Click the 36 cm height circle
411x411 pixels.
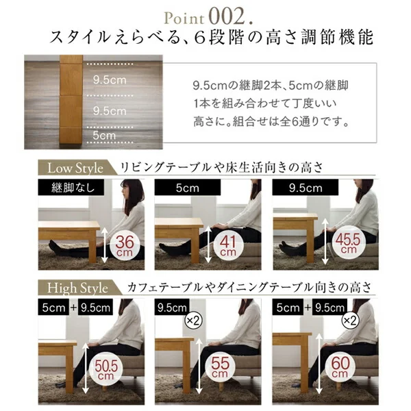[x=125, y=246]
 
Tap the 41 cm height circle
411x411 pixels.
[x=228, y=246]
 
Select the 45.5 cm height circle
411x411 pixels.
[x=348, y=242]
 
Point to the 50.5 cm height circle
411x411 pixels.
[x=106, y=366]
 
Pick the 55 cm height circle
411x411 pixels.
[x=220, y=366]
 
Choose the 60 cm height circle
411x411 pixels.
[x=340, y=366]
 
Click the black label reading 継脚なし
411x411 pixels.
[x=71, y=188]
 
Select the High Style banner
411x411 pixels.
[x=79, y=288]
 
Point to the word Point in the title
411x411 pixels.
[x=184, y=19]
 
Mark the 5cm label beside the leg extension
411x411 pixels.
[x=104, y=136]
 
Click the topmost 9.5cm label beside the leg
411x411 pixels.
[x=110, y=80]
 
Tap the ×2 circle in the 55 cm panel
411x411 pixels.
[x=193, y=321]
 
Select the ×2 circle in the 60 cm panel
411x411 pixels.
[x=351, y=321]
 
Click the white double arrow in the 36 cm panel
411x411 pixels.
[x=105, y=245]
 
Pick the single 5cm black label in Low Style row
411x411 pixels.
[x=188, y=188]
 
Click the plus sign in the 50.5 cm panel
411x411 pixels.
[x=73, y=307]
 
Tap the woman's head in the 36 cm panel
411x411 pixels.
[x=133, y=192]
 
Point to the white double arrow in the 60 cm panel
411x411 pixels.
[x=319, y=364]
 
